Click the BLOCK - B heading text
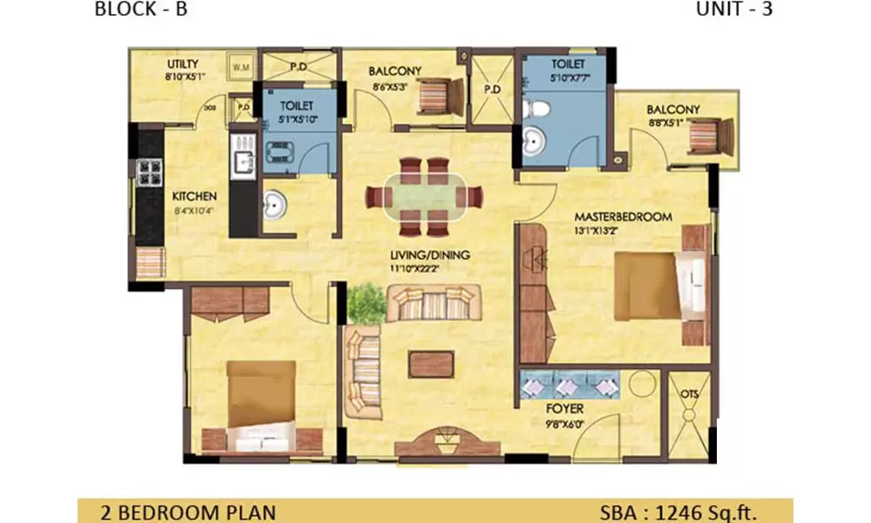140,10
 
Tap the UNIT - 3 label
733,10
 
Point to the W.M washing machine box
239,65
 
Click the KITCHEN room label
194,197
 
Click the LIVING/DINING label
430,255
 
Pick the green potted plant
366,302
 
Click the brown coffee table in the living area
430,363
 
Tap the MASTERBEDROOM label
622,216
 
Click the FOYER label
565,408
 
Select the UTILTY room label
184,65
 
